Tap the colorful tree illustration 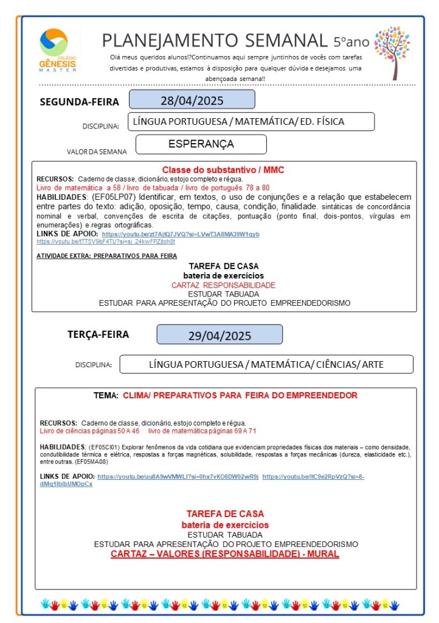pyautogui.click(x=392, y=51)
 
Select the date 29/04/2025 pyautogui.click(x=219, y=336)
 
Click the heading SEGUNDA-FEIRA pyautogui.click(x=79, y=102)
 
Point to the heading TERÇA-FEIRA pyautogui.click(x=98, y=334)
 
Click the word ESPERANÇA pyautogui.click(x=201, y=144)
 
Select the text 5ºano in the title pyautogui.click(x=351, y=42)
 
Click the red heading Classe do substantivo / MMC pyautogui.click(x=223, y=170)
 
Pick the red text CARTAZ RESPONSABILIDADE pyautogui.click(x=223, y=285)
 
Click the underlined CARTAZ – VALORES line pyautogui.click(x=224, y=554)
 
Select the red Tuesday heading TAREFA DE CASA pyautogui.click(x=224, y=514)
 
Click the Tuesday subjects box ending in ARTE pyautogui.click(x=266, y=365)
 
